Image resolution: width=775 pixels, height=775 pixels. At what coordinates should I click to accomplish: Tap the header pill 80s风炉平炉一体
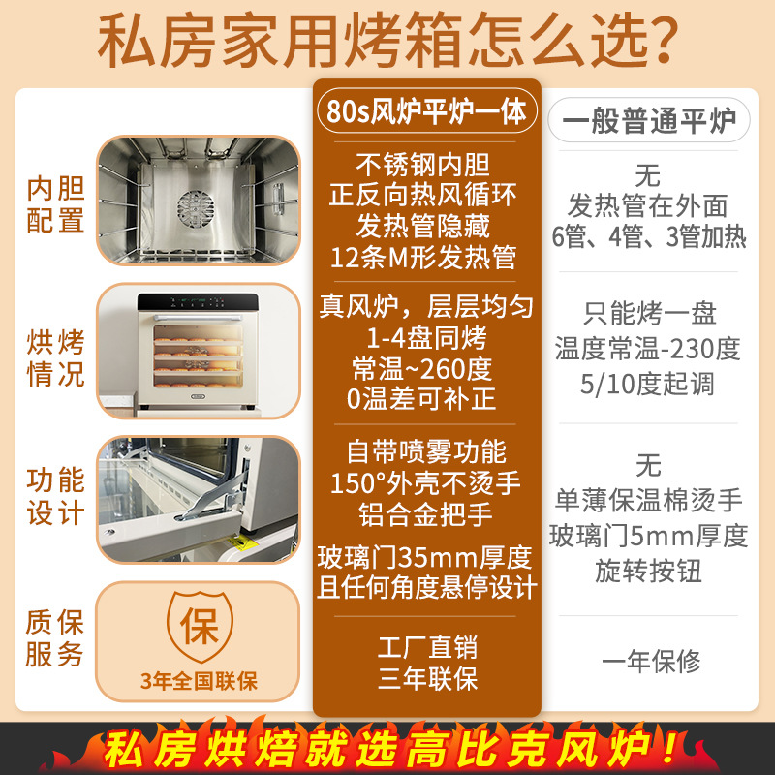pyautogui.click(x=426, y=110)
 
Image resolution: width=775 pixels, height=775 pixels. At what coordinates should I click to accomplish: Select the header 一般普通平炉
pyautogui.click(x=649, y=120)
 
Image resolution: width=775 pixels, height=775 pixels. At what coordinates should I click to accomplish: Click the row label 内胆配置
pyautogui.click(x=55, y=203)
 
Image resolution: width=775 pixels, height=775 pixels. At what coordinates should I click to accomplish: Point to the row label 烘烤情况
pyautogui.click(x=55, y=358)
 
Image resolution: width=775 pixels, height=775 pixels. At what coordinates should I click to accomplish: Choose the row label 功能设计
pyautogui.click(x=55, y=497)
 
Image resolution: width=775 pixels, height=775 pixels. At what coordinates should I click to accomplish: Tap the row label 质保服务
pyautogui.click(x=54, y=638)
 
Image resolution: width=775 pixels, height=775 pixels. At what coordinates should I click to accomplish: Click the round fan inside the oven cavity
pyautogui.click(x=196, y=209)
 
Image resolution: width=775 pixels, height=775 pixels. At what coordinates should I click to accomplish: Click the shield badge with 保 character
pyautogui.click(x=200, y=626)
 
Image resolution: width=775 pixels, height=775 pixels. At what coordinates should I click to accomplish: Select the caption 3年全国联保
pyautogui.click(x=199, y=681)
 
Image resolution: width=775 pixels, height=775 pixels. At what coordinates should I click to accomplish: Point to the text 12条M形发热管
pyautogui.click(x=423, y=258)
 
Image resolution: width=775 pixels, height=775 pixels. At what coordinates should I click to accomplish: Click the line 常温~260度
pyautogui.click(x=422, y=369)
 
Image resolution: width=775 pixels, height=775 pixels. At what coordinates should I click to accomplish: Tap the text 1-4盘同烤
pyautogui.click(x=426, y=338)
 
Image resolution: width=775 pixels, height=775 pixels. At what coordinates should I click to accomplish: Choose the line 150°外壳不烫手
pyautogui.click(x=425, y=482)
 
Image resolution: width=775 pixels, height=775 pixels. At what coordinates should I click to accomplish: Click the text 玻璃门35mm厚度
pyautogui.click(x=424, y=558)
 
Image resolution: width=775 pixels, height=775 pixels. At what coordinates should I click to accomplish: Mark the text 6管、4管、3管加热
pyautogui.click(x=648, y=236)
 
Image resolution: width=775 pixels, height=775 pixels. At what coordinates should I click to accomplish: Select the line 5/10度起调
pyautogui.click(x=647, y=384)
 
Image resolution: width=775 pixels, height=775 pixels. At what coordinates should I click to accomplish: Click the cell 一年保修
pyautogui.click(x=651, y=662)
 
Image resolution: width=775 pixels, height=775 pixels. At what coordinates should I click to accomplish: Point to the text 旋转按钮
pyautogui.click(x=648, y=572)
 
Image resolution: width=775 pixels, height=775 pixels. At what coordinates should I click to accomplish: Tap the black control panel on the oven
pyautogui.click(x=198, y=302)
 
